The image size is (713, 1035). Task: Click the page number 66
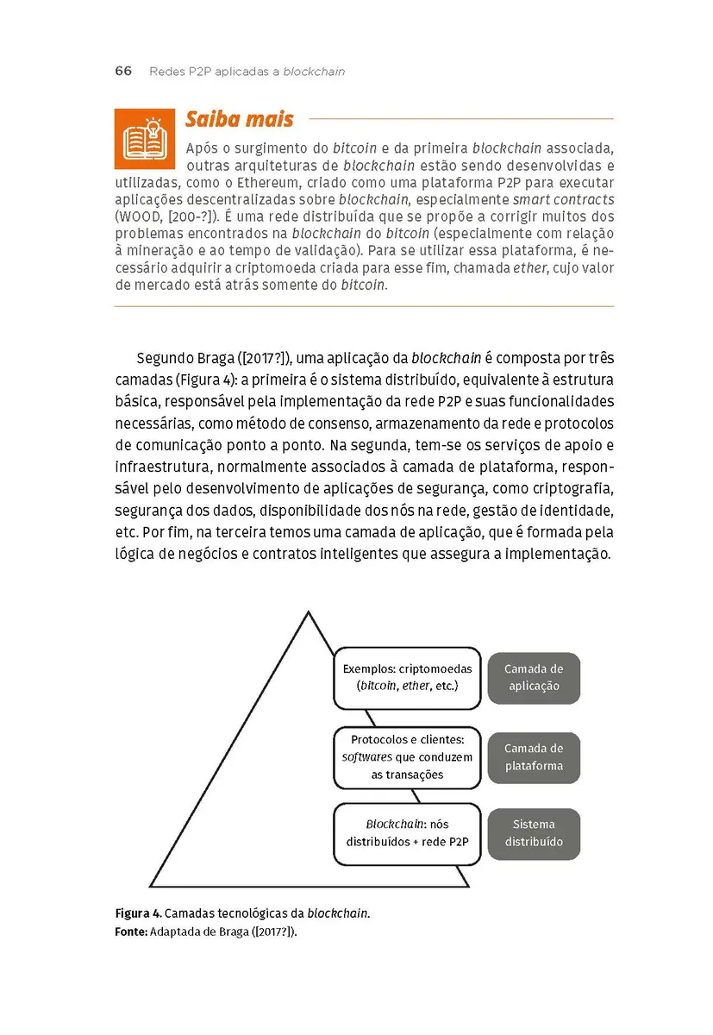pos(123,72)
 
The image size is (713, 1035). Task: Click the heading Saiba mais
pos(239,119)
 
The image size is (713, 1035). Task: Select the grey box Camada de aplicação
pos(534,678)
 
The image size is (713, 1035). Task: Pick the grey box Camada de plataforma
pos(534,757)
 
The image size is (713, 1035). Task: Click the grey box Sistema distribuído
pos(534,833)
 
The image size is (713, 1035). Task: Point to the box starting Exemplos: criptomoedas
pos(406,677)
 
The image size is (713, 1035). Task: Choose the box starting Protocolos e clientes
pos(406,757)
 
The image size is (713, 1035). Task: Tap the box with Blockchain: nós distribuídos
pos(406,833)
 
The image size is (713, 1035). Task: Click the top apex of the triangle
pos(308,612)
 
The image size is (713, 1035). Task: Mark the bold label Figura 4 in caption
pos(137,913)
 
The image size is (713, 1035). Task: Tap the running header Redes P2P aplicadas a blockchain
pos(247,72)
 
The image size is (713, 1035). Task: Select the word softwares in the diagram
pos(366,757)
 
